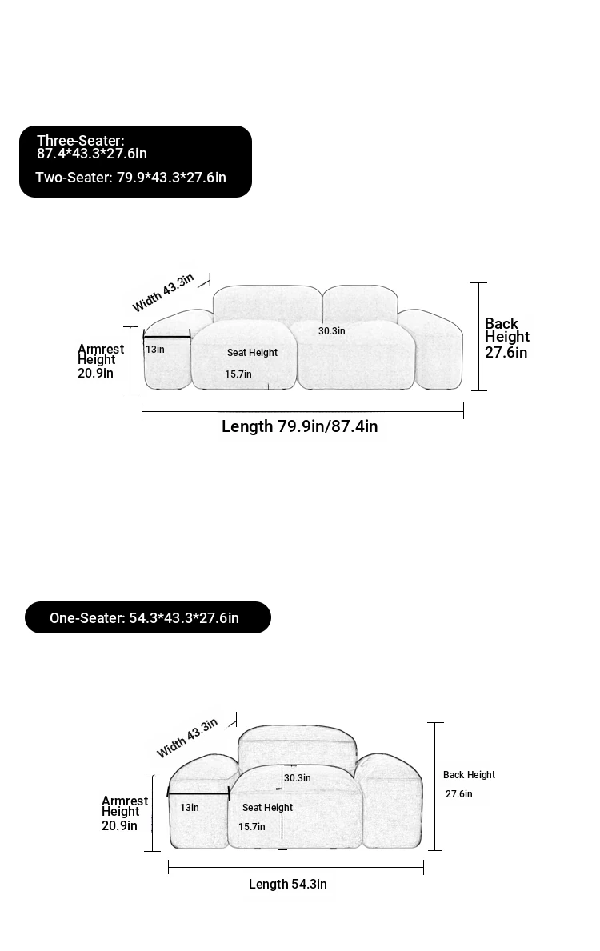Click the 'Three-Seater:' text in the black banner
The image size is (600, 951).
click(81, 141)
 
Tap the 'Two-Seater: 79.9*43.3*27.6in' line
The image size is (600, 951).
click(130, 178)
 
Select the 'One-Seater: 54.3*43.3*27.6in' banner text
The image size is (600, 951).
click(144, 618)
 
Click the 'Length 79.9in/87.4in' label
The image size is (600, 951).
click(300, 426)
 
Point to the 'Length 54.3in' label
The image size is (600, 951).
click(287, 885)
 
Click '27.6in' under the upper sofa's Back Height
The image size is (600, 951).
click(506, 353)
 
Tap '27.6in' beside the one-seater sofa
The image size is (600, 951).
click(458, 794)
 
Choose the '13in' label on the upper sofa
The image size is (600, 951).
click(154, 350)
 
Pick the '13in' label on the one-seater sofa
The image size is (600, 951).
click(190, 808)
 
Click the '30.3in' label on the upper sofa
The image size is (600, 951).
click(332, 331)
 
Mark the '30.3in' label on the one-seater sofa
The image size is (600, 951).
click(298, 778)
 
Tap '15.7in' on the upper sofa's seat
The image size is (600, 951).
click(238, 374)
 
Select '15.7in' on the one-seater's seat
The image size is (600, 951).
click(252, 827)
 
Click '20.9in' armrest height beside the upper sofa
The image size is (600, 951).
click(95, 373)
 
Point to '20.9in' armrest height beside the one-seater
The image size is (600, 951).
click(119, 825)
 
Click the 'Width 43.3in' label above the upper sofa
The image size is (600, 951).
click(163, 292)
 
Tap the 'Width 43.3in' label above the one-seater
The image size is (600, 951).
click(187, 738)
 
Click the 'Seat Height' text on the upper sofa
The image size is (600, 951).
click(252, 353)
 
